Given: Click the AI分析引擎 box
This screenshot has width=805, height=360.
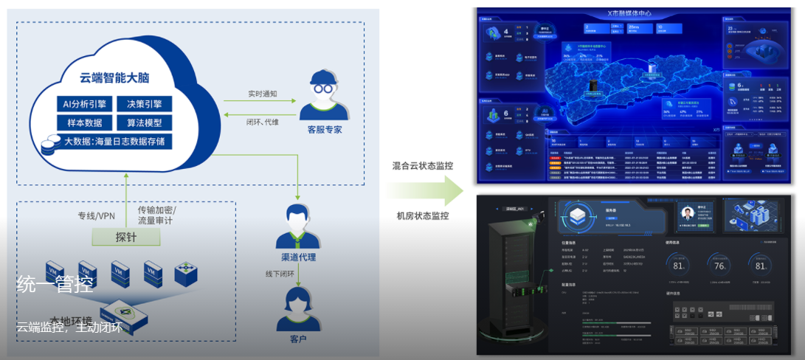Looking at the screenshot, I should (x=85, y=104).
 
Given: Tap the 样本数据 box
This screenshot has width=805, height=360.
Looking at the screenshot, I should (x=85, y=122).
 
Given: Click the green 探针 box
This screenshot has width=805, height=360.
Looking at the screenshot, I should (x=126, y=237).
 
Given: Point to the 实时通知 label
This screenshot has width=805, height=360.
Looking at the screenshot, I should (x=262, y=94).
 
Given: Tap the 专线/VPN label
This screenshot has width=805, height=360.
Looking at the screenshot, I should (x=97, y=216).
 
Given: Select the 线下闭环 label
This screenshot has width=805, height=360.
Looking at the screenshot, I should (x=280, y=273).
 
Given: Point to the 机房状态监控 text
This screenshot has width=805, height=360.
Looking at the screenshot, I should (x=423, y=215).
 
